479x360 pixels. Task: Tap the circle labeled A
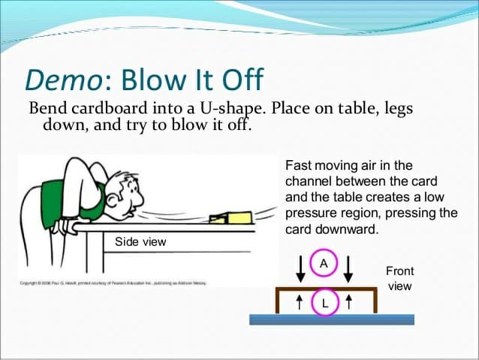click(x=324, y=265)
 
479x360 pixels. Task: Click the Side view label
click(x=140, y=242)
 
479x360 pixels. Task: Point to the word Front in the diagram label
click(x=399, y=271)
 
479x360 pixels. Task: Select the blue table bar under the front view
click(x=331, y=319)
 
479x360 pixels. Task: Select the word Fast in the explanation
click(x=298, y=165)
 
